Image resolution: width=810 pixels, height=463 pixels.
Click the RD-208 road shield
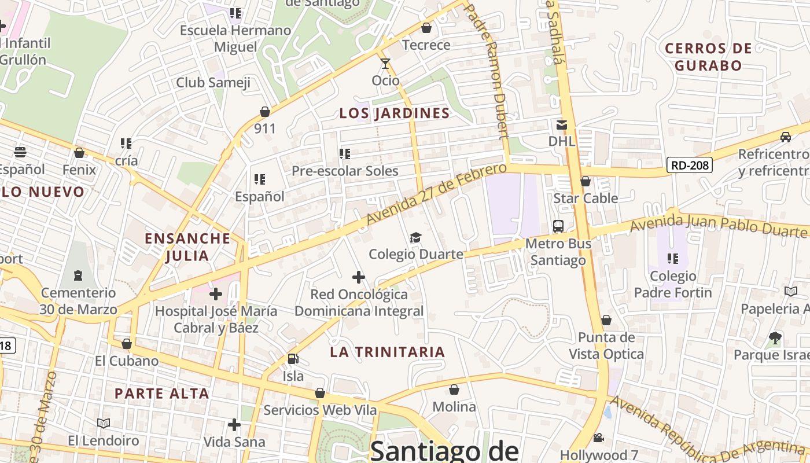(x=689, y=166)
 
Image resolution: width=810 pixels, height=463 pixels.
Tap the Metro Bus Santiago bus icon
(x=558, y=226)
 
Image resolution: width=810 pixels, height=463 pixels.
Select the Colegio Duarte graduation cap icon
(x=415, y=237)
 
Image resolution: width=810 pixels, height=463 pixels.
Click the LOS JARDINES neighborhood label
(x=395, y=113)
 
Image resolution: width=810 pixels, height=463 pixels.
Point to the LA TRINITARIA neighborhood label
(x=388, y=352)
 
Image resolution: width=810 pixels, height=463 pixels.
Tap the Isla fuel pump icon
(x=293, y=359)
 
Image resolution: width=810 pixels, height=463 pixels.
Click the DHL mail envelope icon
(x=562, y=124)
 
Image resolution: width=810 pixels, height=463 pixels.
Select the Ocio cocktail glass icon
(x=385, y=63)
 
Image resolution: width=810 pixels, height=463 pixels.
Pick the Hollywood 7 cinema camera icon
(x=598, y=438)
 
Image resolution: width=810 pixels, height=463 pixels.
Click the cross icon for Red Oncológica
(x=359, y=277)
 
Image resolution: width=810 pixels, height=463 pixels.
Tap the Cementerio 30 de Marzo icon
(x=78, y=275)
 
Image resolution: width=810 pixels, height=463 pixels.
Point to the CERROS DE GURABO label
(x=708, y=57)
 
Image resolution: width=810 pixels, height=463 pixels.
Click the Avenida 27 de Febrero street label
(x=437, y=194)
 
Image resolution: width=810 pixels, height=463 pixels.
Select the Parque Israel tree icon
(x=775, y=337)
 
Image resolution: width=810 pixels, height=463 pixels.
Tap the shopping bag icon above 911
(x=265, y=111)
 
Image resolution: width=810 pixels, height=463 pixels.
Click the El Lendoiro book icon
(x=104, y=424)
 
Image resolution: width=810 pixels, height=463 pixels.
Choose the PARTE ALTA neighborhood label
(x=161, y=394)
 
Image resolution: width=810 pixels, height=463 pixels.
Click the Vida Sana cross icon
(x=234, y=425)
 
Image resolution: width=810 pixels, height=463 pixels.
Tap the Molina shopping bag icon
(x=454, y=389)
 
